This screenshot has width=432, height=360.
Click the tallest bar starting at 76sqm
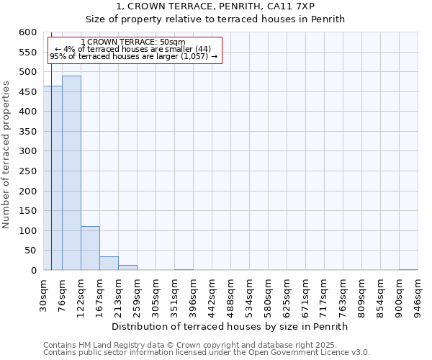[x=71, y=173]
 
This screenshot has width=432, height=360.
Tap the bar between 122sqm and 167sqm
[x=90, y=248]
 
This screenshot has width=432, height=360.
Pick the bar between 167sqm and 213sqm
[x=109, y=264]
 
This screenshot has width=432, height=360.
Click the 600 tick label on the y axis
[x=27, y=32]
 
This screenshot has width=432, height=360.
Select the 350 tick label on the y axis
[x=27, y=132]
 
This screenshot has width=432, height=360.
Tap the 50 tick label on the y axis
[x=30, y=251]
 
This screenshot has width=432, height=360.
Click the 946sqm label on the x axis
[x=418, y=296]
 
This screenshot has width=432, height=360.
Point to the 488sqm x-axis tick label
[x=230, y=296]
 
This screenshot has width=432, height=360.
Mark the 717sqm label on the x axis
[x=324, y=296]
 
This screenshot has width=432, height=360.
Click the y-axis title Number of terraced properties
[x=6, y=154]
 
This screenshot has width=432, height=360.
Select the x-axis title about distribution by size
[x=230, y=326]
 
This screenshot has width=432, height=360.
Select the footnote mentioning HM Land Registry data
[x=189, y=345]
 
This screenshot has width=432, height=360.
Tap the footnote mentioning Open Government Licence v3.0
[x=207, y=353]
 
